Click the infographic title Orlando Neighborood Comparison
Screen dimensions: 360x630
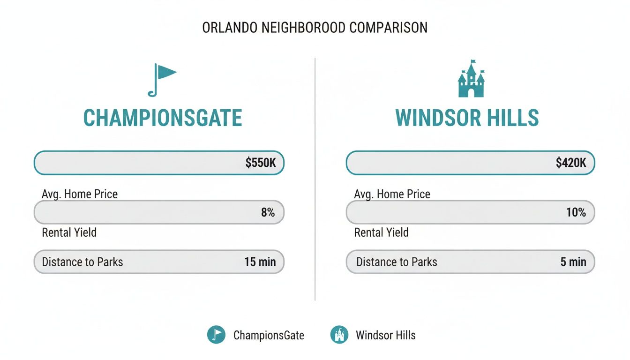[315, 28]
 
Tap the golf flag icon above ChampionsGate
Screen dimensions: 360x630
[161, 80]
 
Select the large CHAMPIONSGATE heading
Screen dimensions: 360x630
[163, 118]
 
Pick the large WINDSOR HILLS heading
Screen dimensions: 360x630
[467, 118]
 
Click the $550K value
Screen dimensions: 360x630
[261, 163]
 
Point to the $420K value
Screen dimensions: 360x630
[571, 163]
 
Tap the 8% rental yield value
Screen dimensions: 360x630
[268, 212]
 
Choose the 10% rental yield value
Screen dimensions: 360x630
[576, 212]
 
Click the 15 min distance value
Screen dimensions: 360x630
[260, 262]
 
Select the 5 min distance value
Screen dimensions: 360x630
[573, 262]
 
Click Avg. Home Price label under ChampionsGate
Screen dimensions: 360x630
[80, 194]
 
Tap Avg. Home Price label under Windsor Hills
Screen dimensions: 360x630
[392, 194]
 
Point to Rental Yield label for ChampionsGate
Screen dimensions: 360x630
[69, 232]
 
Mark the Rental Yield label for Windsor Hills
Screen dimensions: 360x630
[381, 232]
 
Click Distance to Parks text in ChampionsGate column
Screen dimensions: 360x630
[82, 262]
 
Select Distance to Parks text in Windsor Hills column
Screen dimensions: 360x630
[397, 262]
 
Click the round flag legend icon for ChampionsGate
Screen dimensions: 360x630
[216, 335]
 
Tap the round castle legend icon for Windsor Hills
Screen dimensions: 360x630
[339, 335]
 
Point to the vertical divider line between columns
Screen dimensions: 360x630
[315, 178]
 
